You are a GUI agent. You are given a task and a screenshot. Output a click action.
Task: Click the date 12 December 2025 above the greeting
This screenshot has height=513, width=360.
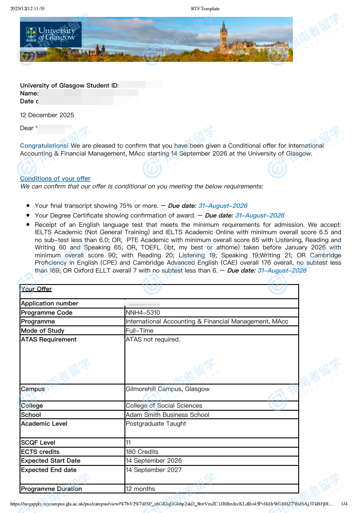[47, 115]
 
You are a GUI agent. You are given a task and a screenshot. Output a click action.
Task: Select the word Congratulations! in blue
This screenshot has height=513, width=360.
[44, 145]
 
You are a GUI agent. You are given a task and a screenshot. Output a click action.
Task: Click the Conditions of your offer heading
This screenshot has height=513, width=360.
[55, 179]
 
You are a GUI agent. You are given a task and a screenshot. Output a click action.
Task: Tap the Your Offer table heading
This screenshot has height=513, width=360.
[36, 289]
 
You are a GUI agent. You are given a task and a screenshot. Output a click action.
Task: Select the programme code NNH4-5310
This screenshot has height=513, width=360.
[143, 313]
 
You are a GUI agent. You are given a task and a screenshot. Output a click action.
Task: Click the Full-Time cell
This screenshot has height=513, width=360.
[139, 331]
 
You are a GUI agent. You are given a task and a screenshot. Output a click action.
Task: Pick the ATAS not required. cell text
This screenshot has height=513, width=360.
[153, 340]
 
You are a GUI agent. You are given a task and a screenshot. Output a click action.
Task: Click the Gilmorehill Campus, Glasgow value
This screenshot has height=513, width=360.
[168, 389]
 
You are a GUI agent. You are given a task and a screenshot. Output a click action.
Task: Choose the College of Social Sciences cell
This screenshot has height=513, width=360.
[164, 405]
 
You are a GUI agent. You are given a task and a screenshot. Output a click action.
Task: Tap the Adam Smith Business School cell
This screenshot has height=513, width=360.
[168, 415]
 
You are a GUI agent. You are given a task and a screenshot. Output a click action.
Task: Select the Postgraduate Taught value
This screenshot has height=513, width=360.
[156, 424]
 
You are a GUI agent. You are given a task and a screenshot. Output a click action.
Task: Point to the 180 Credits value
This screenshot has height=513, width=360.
[142, 452]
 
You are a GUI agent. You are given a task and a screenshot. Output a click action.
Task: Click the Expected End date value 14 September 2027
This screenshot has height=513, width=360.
[153, 470]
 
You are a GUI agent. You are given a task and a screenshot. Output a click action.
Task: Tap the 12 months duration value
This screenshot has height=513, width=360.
[140, 489]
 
